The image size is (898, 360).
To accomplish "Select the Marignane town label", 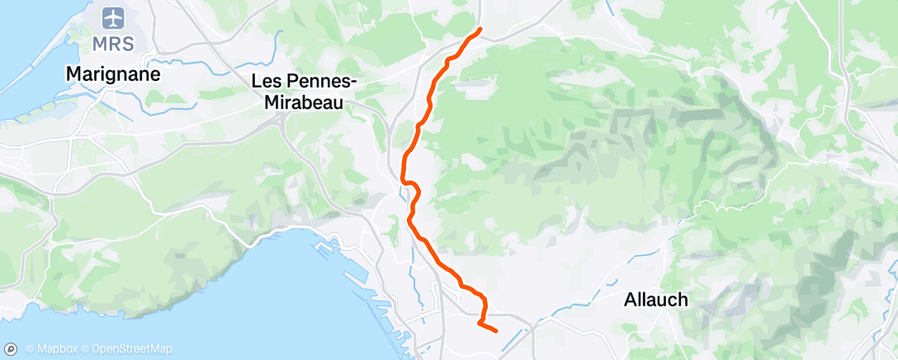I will (x=113, y=73).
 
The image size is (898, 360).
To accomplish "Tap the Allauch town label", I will (x=656, y=300).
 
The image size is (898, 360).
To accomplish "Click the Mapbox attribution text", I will (x=53, y=348).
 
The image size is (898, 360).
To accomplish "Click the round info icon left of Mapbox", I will (x=13, y=348).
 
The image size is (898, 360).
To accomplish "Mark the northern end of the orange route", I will (x=480, y=30).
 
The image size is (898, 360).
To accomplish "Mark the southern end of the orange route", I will (x=495, y=331).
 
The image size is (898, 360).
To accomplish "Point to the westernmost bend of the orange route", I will (x=403, y=178).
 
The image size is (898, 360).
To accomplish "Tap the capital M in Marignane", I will (x=73, y=73).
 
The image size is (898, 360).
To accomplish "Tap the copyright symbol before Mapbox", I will (x=31, y=348).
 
